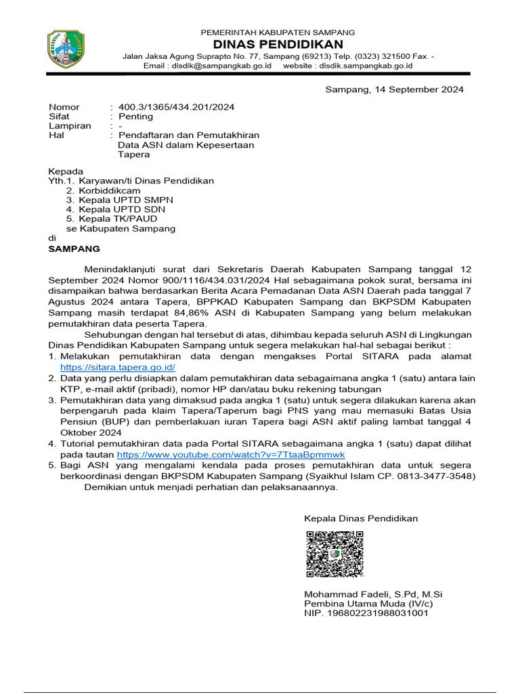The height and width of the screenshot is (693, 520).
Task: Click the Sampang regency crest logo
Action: (66, 49)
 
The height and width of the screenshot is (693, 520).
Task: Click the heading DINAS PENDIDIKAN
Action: (278, 44)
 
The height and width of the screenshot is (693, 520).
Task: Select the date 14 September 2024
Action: (413, 89)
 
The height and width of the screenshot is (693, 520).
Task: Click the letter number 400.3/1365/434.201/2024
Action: (177, 107)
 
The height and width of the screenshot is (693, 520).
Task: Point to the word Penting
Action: (136, 116)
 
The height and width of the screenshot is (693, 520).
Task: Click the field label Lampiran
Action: (70, 126)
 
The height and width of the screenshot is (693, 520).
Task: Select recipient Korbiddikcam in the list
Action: (110, 191)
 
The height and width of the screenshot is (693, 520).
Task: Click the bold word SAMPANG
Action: (74, 248)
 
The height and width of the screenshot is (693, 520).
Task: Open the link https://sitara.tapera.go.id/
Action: (118, 367)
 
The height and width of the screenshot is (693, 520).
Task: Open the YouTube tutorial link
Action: (231, 455)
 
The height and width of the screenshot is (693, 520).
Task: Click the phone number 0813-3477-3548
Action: (439, 476)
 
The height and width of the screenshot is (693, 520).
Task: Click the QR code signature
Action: (334, 554)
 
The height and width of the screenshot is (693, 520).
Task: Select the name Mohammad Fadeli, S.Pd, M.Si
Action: (373, 594)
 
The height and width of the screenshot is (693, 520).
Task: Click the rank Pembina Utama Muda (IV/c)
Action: (368, 604)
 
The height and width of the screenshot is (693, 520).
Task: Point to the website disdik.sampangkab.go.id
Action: (362, 66)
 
